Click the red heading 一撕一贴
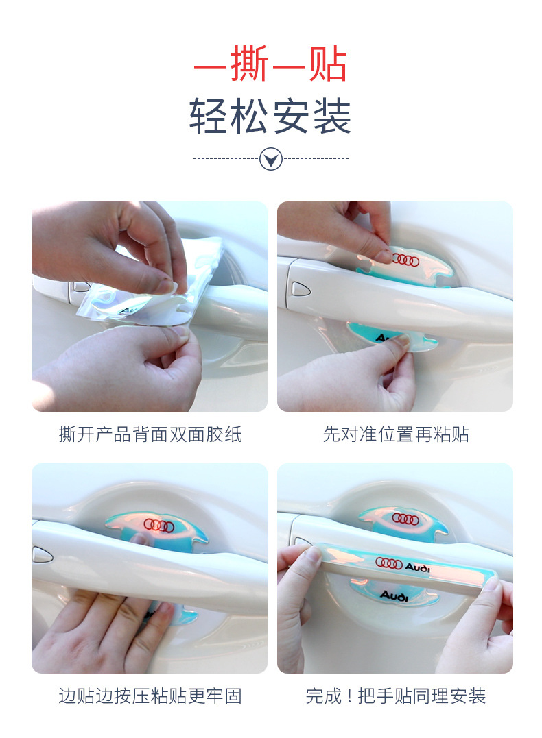[270, 63]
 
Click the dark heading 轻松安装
[270, 116]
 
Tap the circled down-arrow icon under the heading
[271, 158]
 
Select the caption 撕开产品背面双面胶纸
[150, 434]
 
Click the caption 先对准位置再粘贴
[396, 434]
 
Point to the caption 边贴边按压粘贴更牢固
[150, 696]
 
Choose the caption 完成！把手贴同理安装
[396, 696]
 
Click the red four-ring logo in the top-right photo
[405, 260]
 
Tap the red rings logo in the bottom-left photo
[159, 526]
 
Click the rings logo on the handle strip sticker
[389, 562]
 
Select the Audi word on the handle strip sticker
[418, 567]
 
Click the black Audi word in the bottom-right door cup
[394, 596]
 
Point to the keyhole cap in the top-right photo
[301, 288]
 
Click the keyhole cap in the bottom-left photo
[42, 554]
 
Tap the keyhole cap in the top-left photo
[80, 286]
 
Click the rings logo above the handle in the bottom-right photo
[405, 519]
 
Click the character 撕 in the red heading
[250, 63]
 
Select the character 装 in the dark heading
[332, 116]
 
